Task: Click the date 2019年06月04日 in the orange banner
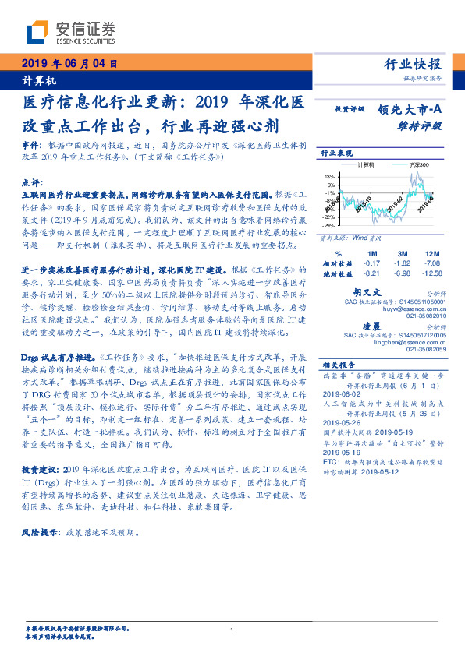tap(68, 64)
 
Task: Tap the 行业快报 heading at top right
tap(414, 65)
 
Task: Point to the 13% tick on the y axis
tap(331, 176)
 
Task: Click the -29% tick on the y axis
tap(329, 224)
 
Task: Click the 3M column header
tap(403, 254)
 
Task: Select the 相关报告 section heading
tap(339, 364)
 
